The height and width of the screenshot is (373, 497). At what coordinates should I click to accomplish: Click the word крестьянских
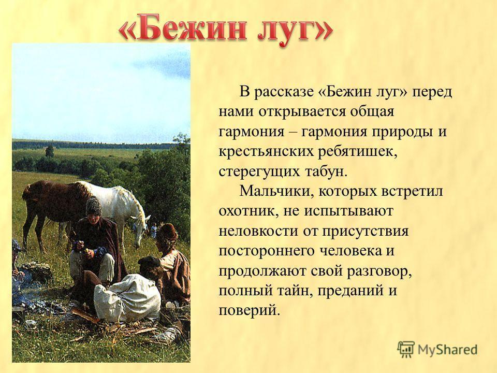pyautogui.click(x=266, y=152)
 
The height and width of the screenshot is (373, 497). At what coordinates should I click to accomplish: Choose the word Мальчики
pyautogui.click(x=276, y=191)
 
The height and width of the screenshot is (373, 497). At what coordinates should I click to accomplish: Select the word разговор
pyautogui.click(x=379, y=271)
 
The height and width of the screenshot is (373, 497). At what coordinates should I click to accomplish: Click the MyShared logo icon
pyautogui.click(x=406, y=350)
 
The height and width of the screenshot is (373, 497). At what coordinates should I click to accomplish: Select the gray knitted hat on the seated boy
pyautogui.click(x=94, y=206)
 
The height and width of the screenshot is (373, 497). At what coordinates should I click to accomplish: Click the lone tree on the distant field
pyautogui.click(x=50, y=151)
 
